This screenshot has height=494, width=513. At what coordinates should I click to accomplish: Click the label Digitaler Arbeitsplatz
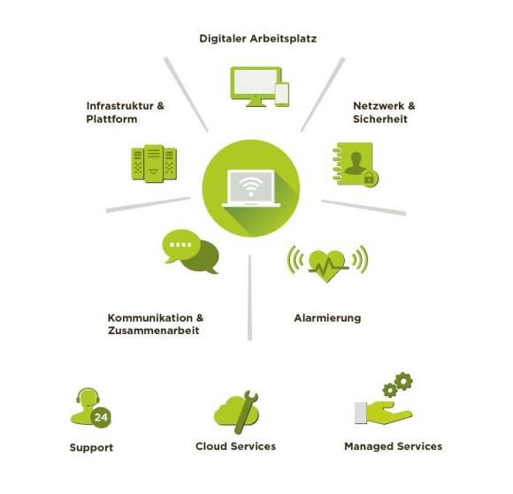[257, 39]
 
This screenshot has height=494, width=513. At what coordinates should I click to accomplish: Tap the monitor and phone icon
[259, 87]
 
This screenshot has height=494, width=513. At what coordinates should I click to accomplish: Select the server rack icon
[154, 163]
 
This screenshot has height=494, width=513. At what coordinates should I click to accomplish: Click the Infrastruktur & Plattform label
[125, 112]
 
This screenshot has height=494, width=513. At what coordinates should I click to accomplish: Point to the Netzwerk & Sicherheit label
[384, 112]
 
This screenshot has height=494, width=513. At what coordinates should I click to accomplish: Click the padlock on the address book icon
[370, 179]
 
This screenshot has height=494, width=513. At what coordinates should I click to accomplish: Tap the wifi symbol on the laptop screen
[251, 186]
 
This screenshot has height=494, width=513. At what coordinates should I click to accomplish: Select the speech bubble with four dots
[181, 246]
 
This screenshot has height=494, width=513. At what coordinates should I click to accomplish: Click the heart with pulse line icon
[327, 265]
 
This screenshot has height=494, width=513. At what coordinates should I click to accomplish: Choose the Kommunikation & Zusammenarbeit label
[156, 324]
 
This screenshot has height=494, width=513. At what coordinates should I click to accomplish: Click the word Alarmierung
[327, 318]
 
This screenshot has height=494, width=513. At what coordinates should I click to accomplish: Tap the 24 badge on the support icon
[101, 417]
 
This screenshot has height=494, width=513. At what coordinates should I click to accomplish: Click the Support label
[91, 447]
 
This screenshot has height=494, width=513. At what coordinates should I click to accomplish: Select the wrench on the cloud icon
[245, 412]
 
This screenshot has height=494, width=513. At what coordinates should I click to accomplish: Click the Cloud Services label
[235, 446]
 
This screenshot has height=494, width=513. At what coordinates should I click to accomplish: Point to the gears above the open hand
[397, 384]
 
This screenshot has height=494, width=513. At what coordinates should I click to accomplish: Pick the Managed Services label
[394, 446]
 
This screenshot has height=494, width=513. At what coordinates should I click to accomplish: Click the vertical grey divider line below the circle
[249, 297]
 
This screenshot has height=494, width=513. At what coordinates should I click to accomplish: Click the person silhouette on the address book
[356, 163]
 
